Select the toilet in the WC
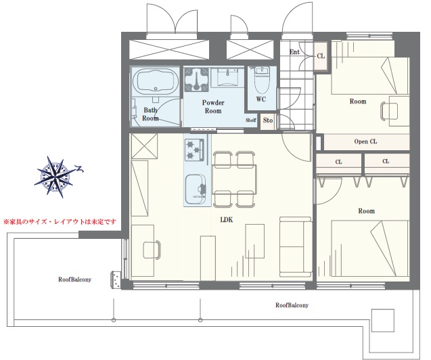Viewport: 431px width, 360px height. coord(262,81)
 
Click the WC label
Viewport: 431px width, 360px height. coord(261,99)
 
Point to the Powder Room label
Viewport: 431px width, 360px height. coord(213,107)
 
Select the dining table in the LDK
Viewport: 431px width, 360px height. coord(235,179)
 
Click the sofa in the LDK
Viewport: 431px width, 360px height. coord(296,246)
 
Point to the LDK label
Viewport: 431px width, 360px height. coord(227,219)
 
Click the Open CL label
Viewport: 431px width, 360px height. coord(365,141)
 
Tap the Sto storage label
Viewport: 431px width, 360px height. coord(268,120)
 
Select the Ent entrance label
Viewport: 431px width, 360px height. coord(294,51)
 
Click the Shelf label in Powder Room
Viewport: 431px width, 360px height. coord(250,120)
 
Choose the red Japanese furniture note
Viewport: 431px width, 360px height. coord(60,221)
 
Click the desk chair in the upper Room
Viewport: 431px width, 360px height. coord(389,111)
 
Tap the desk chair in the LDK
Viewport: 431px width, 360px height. coord(152,250)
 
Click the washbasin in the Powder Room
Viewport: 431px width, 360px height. coord(227,77)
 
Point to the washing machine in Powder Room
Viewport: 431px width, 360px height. coord(196,79)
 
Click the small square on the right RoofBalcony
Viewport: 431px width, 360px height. coord(383,320)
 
